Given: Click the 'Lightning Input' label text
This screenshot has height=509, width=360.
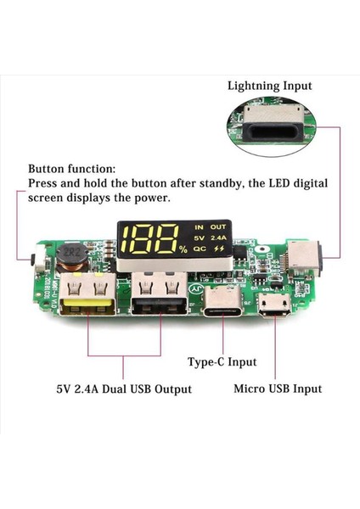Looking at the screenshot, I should point(269,86).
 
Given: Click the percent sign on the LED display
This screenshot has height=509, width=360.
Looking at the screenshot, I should point(183,249).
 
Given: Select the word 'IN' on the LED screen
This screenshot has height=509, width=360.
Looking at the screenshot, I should point(200,228).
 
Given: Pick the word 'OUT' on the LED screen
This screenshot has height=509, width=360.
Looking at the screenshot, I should point(219,228).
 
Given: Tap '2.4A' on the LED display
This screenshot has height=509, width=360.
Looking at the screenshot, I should point(219,239).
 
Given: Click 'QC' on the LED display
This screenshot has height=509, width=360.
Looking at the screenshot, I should point(200,250).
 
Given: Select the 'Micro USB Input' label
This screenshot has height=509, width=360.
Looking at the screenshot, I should point(278,389).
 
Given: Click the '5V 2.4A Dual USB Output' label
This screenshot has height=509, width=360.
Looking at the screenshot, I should point(124,389).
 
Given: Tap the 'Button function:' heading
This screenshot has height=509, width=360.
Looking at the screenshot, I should point(71,169).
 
